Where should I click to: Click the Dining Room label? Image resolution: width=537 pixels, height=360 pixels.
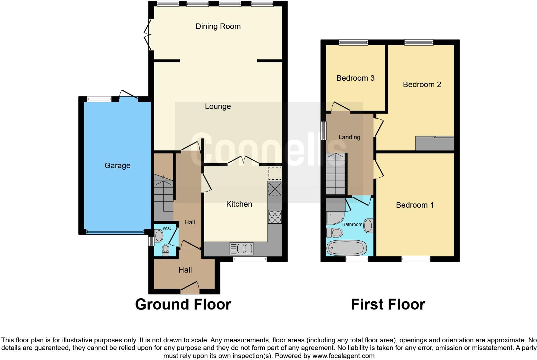coord(218,26)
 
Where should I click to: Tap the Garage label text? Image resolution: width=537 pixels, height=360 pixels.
coord(118,165)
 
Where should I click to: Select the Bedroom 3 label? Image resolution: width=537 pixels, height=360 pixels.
coord(355,78)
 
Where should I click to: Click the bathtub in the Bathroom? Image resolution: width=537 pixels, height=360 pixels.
coord(347,248)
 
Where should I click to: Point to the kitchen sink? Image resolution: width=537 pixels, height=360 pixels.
coord(242,248)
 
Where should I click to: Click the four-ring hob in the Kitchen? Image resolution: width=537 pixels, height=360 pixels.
coord(275,217)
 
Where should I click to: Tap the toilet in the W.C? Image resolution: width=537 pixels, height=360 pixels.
coord(166,250)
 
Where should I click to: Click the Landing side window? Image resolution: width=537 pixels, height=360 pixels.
coord(323,130)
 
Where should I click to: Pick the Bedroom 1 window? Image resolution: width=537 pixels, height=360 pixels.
coord(416,259)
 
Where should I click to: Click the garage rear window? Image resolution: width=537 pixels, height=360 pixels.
coord(100,99)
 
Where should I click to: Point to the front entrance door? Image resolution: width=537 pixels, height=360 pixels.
coord(190,288)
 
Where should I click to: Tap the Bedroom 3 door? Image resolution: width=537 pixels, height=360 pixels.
coord(341,107)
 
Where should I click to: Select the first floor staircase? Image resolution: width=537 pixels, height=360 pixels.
coord(336,174)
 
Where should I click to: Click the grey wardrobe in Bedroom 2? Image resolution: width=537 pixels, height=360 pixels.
coord(435,143)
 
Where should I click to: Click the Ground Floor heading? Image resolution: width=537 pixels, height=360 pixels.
coord(183,304)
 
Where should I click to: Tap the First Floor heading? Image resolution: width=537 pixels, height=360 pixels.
coord(388,304)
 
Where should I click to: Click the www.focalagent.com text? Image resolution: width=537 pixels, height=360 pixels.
coord(343,356)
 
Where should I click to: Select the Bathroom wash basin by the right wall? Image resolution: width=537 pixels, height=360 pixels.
coord(368,226)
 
